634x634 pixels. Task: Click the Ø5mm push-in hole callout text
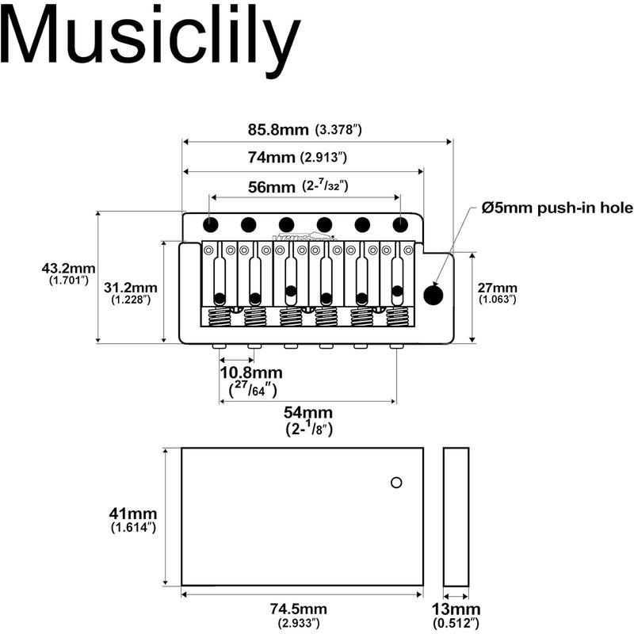(x=557, y=208)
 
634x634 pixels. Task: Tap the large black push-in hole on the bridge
(x=433, y=295)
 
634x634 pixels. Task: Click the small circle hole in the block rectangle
(x=396, y=483)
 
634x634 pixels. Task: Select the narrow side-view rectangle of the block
(x=456, y=517)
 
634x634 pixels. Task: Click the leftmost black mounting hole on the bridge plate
(x=210, y=224)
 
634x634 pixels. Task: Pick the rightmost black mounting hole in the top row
(x=400, y=224)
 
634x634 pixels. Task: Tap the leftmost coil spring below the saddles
(x=220, y=316)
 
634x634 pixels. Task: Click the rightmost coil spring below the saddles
(x=398, y=316)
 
